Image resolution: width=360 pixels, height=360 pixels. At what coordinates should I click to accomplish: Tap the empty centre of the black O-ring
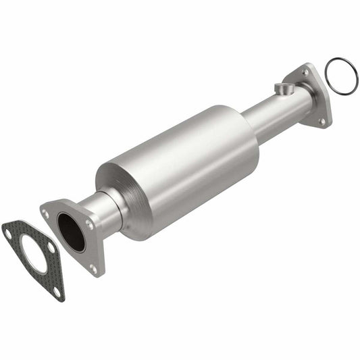341,77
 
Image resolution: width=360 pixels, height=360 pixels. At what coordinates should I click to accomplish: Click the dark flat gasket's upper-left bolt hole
8,233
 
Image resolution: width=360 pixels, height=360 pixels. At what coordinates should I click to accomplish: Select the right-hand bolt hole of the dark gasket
51,247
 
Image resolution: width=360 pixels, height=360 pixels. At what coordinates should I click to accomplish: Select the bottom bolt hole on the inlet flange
93,267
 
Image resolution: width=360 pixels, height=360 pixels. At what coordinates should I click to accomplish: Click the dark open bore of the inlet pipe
72,232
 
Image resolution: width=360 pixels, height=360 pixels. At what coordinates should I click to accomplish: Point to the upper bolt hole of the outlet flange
305,72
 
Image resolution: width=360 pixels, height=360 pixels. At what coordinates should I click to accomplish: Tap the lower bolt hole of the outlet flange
322,122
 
